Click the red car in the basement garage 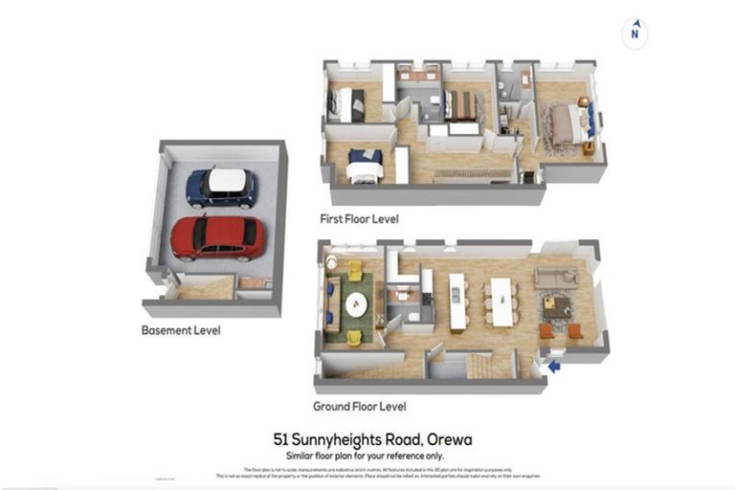click(x=217, y=237)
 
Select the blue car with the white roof click(x=221, y=188)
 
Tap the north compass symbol click(x=634, y=33)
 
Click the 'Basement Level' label click(x=181, y=330)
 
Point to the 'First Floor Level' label click(x=360, y=219)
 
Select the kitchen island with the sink click(x=457, y=301)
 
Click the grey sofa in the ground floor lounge click(x=555, y=278)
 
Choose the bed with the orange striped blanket click(x=462, y=104)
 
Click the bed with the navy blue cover click(x=364, y=166)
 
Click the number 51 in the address click(x=281, y=439)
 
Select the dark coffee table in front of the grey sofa click(x=556, y=306)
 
